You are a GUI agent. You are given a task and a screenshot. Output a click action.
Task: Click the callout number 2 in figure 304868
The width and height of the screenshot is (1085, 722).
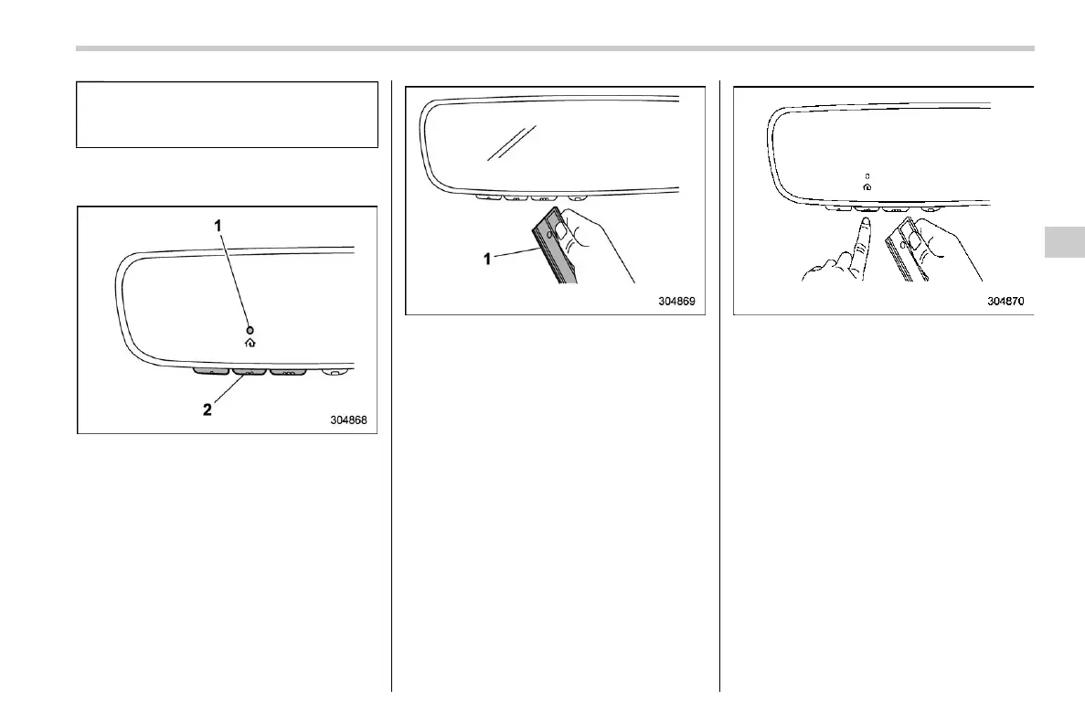pos(207,410)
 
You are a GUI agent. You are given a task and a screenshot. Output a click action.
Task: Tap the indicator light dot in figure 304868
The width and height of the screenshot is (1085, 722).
pos(250,329)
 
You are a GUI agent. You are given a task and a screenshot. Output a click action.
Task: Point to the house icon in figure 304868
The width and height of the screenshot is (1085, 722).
pos(250,344)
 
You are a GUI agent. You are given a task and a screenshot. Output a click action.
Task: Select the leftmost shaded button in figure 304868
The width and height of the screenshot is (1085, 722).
pos(210,372)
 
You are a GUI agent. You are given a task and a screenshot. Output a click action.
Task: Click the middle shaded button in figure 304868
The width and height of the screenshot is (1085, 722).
pos(249,373)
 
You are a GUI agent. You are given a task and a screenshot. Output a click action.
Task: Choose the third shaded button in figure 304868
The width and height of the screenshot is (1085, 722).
pos(288,373)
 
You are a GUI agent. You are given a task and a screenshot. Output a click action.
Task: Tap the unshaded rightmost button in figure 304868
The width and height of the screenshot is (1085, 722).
pos(335,372)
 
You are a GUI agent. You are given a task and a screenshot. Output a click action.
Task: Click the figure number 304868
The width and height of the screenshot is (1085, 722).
pos(353,420)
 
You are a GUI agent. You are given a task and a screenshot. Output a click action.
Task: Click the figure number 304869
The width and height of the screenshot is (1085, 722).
pos(681,301)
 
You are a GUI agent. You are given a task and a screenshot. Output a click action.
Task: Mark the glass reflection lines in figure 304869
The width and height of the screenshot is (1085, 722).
pos(510,143)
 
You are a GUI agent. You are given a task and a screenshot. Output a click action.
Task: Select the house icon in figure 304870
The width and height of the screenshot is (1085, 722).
pos(867,186)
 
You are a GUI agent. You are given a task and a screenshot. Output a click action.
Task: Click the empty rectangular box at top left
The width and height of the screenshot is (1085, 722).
pos(227,114)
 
